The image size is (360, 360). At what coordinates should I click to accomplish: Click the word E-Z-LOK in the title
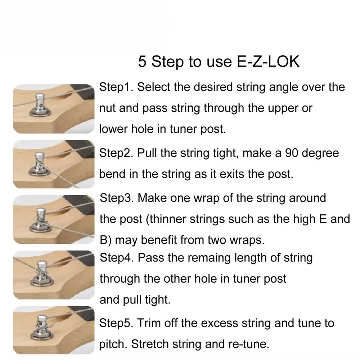click(x=268, y=62)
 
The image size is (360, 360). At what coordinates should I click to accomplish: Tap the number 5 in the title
click(x=142, y=62)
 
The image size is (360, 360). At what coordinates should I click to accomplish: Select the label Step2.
click(x=116, y=153)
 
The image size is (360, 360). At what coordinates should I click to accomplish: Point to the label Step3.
click(x=117, y=198)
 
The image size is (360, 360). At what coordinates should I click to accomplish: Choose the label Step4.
click(x=117, y=258)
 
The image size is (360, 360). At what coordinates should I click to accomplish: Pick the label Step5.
click(x=116, y=323)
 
